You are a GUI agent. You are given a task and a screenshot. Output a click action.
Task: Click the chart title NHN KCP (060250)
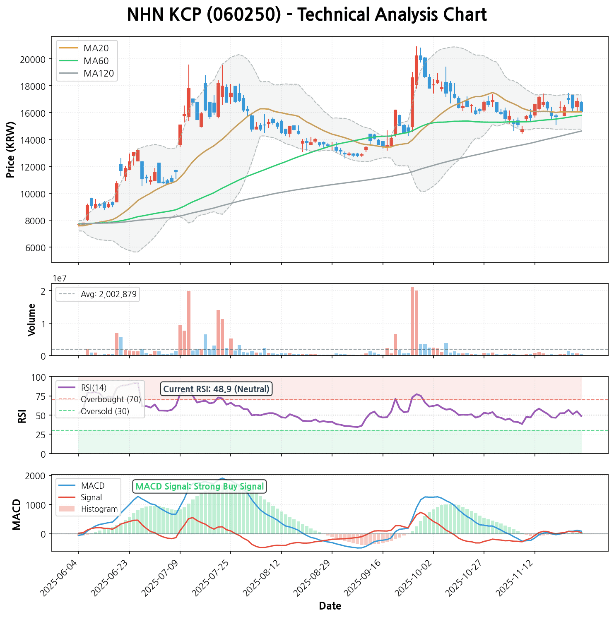tap(307, 15)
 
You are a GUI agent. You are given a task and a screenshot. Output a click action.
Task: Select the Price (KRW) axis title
tap(11, 149)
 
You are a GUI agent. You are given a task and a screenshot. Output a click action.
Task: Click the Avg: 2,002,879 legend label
tap(108, 294)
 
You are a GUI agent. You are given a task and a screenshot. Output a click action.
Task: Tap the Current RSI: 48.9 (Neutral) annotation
tap(216, 389)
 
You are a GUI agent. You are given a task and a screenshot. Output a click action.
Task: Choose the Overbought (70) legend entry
tap(111, 399)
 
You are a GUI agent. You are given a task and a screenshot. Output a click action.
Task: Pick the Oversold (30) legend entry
tap(105, 411)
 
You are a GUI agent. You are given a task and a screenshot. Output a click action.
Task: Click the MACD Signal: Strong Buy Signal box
tap(200, 487)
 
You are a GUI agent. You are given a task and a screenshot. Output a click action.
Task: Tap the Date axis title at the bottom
tap(330, 606)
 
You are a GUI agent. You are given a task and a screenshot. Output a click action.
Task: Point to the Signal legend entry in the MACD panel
tap(91, 497)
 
